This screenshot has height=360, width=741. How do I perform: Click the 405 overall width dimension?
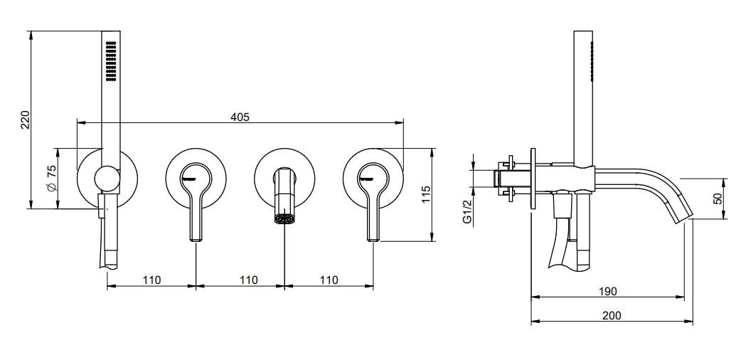tap(240, 117)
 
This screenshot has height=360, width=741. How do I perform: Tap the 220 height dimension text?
tap(24, 120)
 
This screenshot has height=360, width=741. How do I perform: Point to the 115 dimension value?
tap(425, 195)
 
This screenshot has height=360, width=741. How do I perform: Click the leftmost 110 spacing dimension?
tap(151, 280)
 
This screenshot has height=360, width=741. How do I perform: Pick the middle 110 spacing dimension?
tap(249, 280)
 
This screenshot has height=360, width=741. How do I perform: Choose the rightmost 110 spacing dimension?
tap(329, 280)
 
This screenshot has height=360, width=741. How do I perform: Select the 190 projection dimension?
tap(607, 291)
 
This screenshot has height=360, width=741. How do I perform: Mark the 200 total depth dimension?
tap(612, 315)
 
